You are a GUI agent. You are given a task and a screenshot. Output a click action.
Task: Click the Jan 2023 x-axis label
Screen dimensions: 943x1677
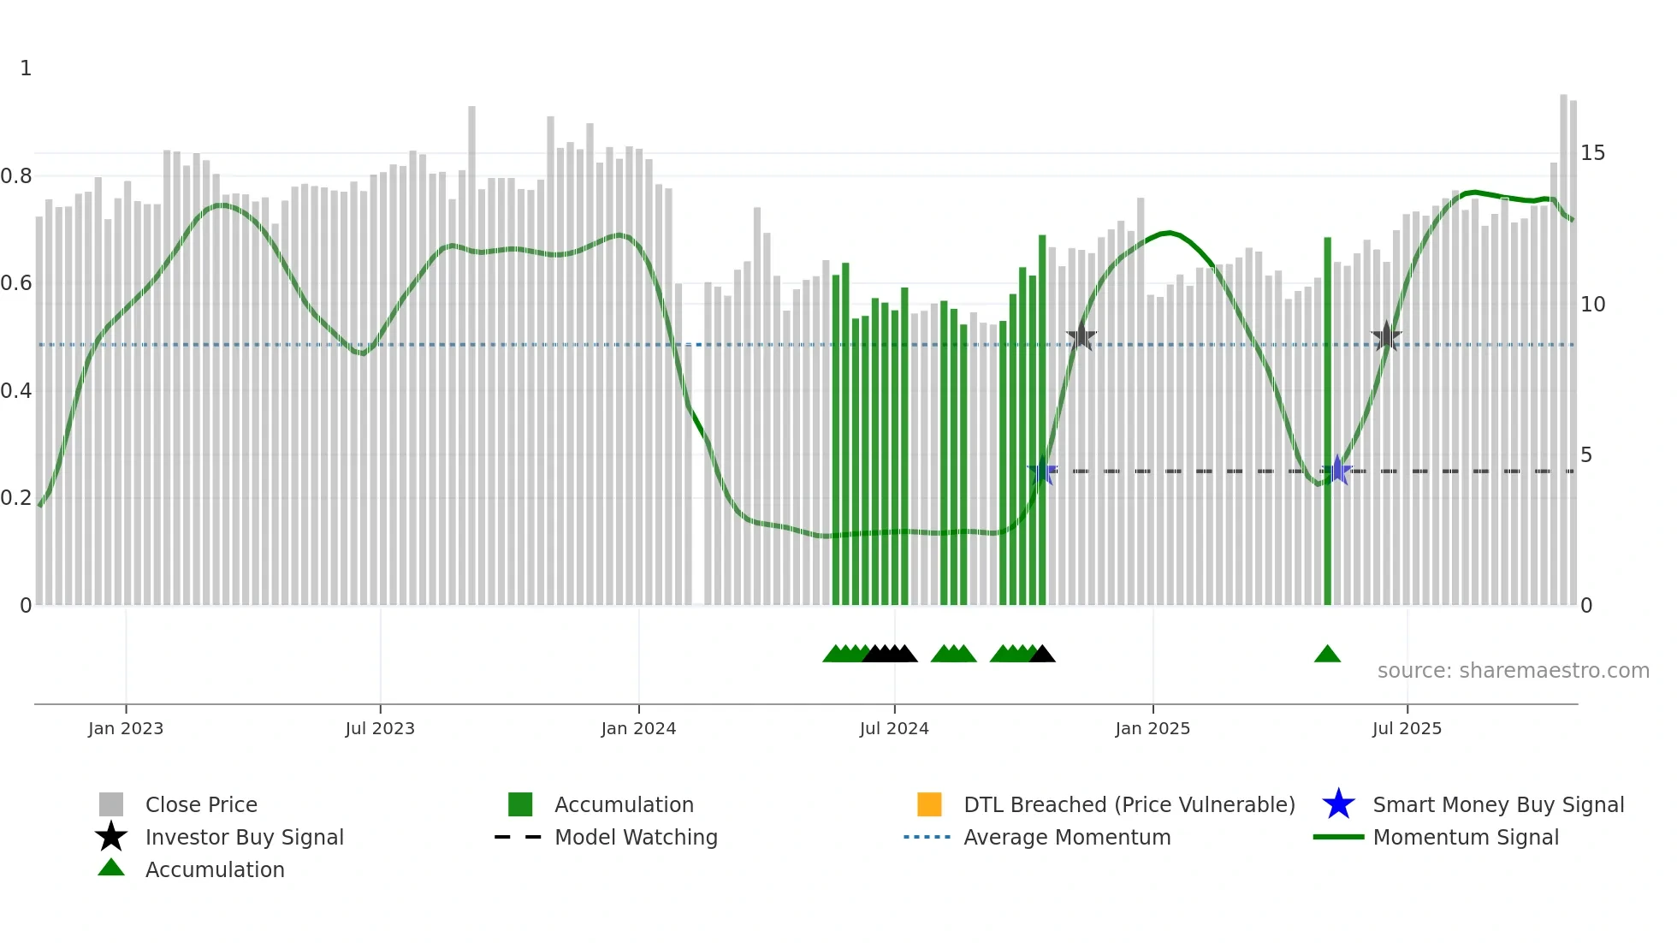(x=126, y=728)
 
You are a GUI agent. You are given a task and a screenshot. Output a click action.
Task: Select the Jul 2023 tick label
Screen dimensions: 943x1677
(x=380, y=728)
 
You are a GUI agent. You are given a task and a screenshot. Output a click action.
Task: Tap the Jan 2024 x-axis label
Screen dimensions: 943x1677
(x=638, y=728)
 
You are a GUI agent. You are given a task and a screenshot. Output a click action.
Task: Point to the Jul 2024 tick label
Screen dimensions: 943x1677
(x=894, y=728)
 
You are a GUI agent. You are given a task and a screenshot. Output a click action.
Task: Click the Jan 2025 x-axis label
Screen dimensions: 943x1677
(x=1153, y=728)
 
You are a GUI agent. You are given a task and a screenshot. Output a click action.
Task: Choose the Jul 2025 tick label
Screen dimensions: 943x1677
(x=1407, y=728)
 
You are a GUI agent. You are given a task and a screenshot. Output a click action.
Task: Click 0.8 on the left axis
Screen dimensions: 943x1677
(x=16, y=176)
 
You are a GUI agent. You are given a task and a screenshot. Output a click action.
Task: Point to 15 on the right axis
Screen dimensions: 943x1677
(x=1592, y=153)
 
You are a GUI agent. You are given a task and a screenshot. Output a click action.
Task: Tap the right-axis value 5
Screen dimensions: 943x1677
(x=1586, y=455)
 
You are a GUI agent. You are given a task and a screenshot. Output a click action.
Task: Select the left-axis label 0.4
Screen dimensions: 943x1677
(x=16, y=391)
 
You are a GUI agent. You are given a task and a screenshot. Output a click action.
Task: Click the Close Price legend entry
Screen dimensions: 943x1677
(x=200, y=804)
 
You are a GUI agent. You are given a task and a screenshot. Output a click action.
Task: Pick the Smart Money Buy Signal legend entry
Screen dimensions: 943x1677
(x=1497, y=804)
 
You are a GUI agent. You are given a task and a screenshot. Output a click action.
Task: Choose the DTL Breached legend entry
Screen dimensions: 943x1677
(x=1129, y=804)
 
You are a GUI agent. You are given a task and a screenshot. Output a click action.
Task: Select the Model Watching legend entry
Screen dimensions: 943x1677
(x=635, y=837)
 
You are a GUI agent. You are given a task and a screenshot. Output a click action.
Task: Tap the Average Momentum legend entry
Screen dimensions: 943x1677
(x=1066, y=837)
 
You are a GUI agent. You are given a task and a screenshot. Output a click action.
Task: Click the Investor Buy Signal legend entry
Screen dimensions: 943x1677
(x=244, y=837)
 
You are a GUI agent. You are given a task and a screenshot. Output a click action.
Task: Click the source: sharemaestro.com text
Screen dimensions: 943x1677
(x=1513, y=671)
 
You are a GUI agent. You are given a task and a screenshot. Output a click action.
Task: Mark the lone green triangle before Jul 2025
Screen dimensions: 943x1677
(x=1327, y=655)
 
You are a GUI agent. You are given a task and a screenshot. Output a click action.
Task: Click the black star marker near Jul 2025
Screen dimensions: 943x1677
(x=1386, y=337)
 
